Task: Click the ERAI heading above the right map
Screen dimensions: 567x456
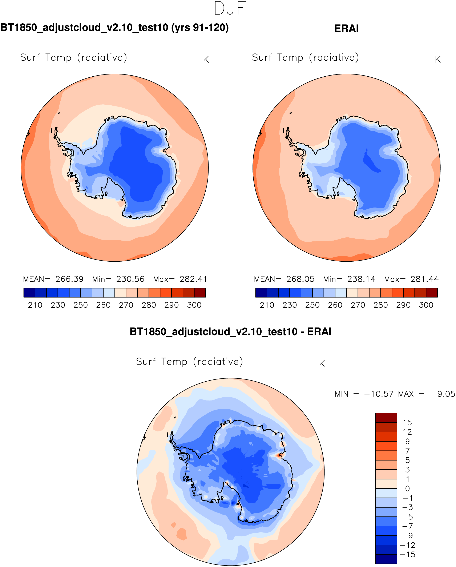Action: [x=346, y=29]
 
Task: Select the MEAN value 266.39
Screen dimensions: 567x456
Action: [x=69, y=279]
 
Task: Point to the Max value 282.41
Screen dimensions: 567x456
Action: [x=193, y=279]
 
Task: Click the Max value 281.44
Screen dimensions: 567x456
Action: [x=424, y=279]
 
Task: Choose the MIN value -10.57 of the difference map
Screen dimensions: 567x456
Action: [x=379, y=394]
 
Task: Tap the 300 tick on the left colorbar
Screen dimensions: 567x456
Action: [x=194, y=305]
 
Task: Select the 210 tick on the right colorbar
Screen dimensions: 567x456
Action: [x=267, y=305]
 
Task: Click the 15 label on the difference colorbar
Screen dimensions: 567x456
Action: [x=407, y=423]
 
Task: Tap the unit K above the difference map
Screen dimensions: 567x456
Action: [x=322, y=364]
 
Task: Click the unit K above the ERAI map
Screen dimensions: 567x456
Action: [x=438, y=60]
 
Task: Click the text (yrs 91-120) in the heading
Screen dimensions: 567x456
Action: [x=200, y=28]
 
